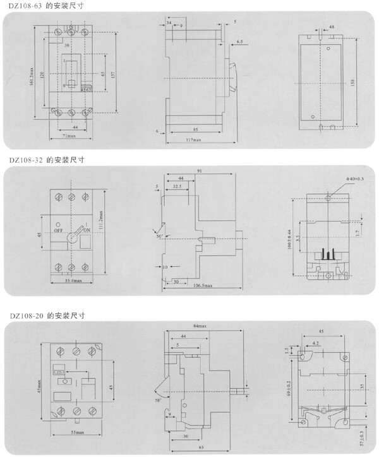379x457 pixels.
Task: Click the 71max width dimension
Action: (67, 138)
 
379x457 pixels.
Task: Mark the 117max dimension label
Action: (194, 140)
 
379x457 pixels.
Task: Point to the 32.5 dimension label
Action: (178, 187)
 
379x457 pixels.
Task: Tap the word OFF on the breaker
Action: (57, 231)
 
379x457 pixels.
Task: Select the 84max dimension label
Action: (200, 326)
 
